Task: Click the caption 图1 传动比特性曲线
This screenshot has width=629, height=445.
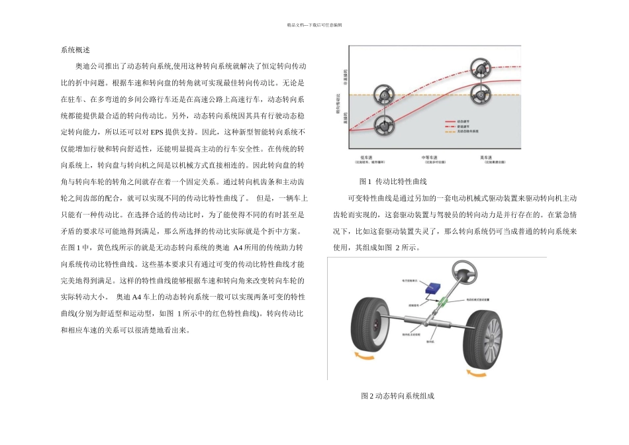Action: (392, 181)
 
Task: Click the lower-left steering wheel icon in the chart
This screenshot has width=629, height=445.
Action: (382, 124)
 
